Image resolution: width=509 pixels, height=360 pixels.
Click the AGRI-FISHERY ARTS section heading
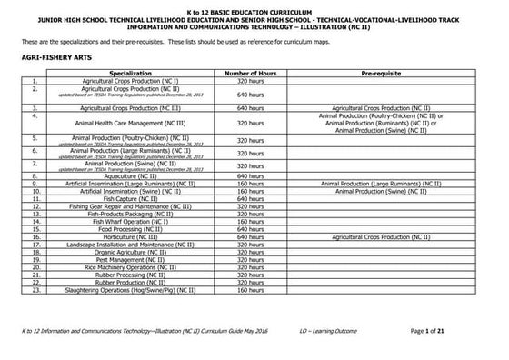click(x=56, y=56)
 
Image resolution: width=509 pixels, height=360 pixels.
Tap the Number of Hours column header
click(x=250, y=72)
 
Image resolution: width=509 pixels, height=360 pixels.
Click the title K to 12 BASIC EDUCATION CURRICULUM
click(x=254, y=5)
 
